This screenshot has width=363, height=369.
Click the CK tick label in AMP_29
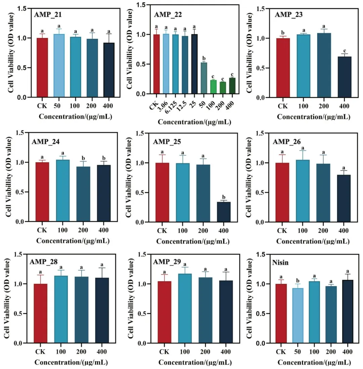click(x=164, y=352)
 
